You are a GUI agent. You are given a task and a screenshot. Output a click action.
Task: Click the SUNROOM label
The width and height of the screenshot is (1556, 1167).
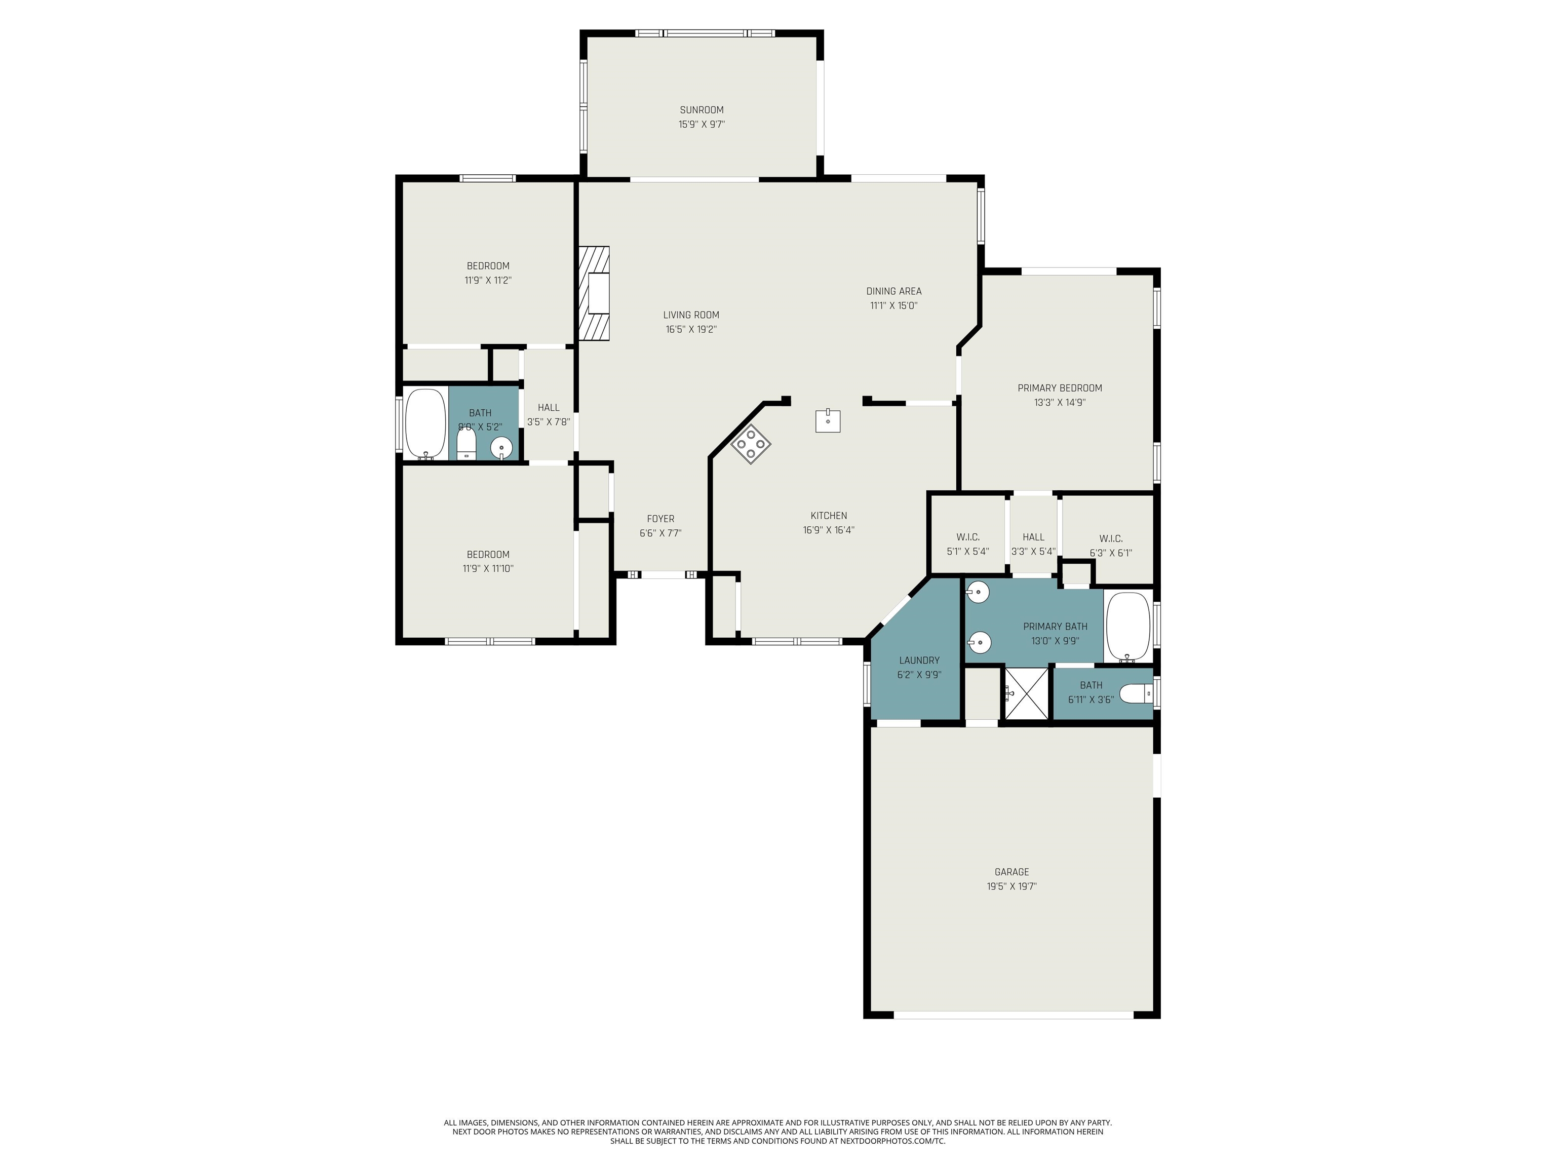[x=702, y=110]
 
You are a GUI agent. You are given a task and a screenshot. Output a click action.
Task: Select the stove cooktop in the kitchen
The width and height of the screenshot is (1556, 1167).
[x=751, y=444]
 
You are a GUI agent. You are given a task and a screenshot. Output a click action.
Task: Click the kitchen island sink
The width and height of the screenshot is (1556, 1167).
[x=828, y=420]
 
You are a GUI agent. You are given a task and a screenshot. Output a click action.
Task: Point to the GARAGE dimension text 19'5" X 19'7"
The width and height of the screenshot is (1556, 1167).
[x=1012, y=887]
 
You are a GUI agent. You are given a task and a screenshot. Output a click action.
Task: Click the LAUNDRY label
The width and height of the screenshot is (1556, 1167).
[x=919, y=660]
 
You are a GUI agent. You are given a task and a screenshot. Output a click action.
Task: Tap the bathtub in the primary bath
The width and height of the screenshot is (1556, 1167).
[x=1127, y=627]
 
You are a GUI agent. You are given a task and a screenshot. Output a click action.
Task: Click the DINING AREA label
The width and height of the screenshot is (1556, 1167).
[x=893, y=291]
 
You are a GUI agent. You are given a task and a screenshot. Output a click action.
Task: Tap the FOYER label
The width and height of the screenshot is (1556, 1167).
[x=660, y=519]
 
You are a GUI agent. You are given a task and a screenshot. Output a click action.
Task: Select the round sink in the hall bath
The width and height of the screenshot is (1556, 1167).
[x=501, y=447]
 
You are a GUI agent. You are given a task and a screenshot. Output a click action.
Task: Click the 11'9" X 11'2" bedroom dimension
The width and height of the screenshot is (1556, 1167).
[x=487, y=281]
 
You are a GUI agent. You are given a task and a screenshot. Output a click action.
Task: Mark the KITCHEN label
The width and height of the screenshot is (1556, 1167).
[x=829, y=516]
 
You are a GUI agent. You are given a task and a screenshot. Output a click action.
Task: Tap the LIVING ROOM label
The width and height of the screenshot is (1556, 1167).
[x=691, y=315]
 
